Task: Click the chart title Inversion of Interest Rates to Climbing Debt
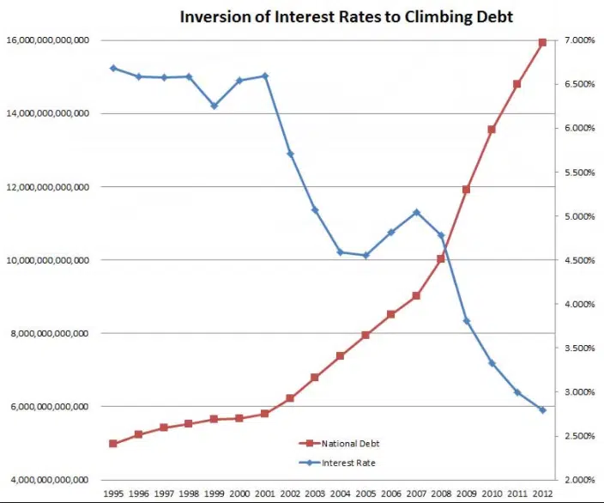[346, 16]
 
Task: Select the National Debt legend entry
[349, 444]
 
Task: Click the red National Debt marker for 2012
[542, 41]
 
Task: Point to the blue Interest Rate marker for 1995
[113, 68]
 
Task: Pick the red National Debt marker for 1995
[113, 443]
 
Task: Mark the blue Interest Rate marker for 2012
[542, 410]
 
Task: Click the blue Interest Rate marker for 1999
[214, 106]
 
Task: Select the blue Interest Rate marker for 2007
[416, 212]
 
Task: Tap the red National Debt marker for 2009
[467, 190]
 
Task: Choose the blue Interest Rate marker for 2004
[341, 252]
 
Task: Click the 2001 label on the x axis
[264, 494]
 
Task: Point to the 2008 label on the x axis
[441, 494]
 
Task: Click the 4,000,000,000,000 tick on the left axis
[50, 479]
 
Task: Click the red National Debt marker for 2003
[315, 377]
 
